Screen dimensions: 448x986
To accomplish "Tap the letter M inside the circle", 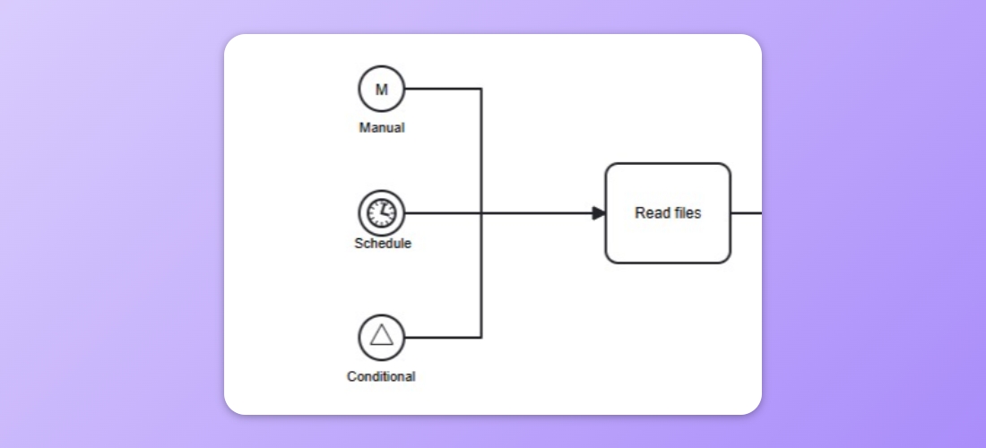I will click(x=382, y=90).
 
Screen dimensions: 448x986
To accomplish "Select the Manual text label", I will click(x=382, y=128).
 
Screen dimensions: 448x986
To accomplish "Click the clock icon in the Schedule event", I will click(x=382, y=213).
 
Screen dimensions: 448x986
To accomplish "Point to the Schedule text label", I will click(x=383, y=244).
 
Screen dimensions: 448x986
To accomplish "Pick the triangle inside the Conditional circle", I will click(x=382, y=335).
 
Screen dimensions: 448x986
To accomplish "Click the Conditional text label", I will click(x=381, y=377).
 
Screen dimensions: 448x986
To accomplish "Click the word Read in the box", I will click(x=650, y=213).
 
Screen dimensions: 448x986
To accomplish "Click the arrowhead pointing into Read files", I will click(x=599, y=213).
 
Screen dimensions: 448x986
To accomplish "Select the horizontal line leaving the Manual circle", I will click(x=443, y=89).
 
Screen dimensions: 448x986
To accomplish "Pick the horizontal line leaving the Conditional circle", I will click(x=443, y=338).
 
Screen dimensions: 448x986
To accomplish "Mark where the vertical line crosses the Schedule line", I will click(x=481, y=213).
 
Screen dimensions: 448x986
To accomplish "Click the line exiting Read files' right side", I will click(x=747, y=213).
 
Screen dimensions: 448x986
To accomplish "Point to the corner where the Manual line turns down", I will click(x=481, y=89).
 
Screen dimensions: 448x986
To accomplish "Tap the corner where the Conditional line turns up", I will click(x=481, y=338).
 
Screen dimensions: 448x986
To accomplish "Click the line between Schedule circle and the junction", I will click(x=443, y=213).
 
